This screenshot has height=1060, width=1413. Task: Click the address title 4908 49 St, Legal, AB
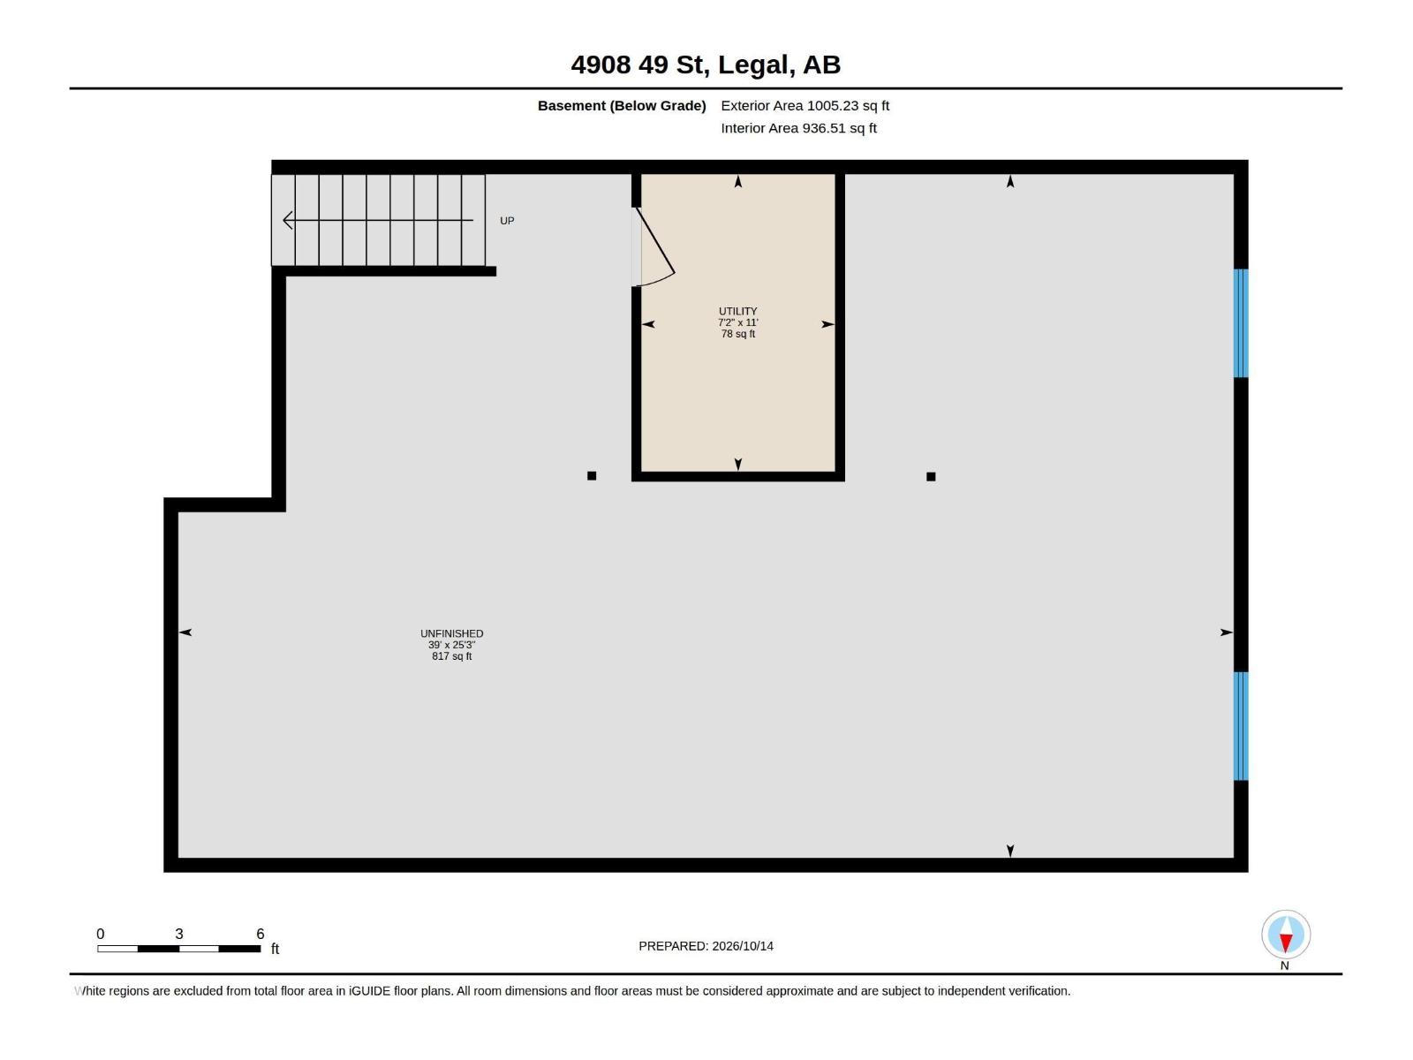click(706, 65)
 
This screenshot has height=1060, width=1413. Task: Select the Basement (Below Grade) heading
click(622, 105)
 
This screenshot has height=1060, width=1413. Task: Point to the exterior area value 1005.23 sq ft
click(848, 105)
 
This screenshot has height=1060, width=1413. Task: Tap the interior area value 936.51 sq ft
click(840, 128)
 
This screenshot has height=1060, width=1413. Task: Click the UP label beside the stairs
click(507, 221)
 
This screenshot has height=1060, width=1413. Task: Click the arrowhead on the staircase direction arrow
click(288, 220)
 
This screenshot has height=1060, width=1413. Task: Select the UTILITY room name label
click(737, 311)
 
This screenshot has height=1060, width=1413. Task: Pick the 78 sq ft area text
click(737, 334)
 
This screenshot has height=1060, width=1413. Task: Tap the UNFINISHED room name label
click(451, 633)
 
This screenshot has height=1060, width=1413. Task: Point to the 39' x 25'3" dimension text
click(451, 645)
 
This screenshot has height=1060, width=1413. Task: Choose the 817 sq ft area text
click(451, 656)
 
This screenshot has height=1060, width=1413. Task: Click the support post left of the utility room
click(592, 475)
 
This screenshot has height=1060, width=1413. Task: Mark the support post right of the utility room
click(931, 476)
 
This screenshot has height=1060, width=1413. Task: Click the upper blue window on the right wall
click(1241, 323)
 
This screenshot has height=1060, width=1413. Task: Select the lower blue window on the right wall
click(1241, 726)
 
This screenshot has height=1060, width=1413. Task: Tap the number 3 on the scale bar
click(179, 933)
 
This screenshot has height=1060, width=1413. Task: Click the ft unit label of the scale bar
click(275, 949)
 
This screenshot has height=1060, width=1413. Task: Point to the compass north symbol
click(1286, 934)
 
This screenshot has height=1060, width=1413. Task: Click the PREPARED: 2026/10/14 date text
click(706, 946)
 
